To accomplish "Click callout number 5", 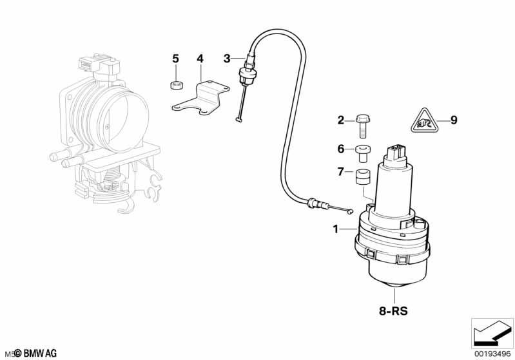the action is (x=176, y=59).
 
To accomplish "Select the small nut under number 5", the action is (x=177, y=85).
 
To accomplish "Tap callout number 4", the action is (x=200, y=59).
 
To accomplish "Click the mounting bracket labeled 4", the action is (x=200, y=99).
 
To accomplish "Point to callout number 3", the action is (x=227, y=59).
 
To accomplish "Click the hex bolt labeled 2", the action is (x=362, y=126).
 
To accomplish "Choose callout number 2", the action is (x=341, y=120).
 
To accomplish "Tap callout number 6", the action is (x=341, y=149).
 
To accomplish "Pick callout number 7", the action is (x=340, y=172).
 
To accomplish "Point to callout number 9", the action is (x=454, y=120).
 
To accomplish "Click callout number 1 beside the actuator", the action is (x=335, y=229).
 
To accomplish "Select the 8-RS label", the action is (x=393, y=311).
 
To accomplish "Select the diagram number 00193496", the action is (x=492, y=354).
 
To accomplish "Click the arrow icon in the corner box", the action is (x=492, y=332).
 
